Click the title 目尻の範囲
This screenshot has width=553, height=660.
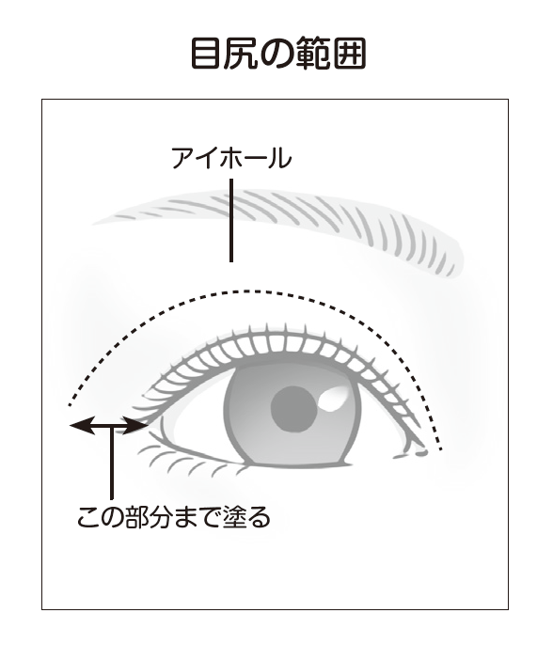pos(278,54)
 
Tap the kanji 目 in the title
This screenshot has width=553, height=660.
pos(206,54)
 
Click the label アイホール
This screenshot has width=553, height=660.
pos(231,158)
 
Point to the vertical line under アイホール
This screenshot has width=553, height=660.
pos(231,221)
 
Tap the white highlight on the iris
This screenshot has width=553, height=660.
pos(335,399)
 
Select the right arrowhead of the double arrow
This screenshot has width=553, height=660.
pos(136,426)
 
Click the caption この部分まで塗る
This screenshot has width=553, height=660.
pos(174,517)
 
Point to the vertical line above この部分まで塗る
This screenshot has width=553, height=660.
pos(112,463)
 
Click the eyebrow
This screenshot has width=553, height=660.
pos(278,229)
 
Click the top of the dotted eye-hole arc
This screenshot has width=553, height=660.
pos(248,291)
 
